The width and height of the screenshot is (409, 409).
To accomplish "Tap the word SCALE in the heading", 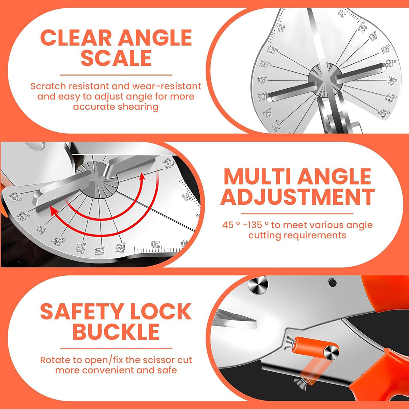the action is pos(116,58).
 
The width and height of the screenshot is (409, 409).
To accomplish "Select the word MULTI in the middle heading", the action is pos(257,177).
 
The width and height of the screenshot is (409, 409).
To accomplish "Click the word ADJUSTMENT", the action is pos(297,197).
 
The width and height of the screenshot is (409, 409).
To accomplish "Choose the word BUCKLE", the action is pos(116,332).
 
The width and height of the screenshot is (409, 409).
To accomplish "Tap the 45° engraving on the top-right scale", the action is pos(384,113).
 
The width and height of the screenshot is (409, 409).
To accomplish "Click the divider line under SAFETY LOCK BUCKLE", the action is pos(116,349).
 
